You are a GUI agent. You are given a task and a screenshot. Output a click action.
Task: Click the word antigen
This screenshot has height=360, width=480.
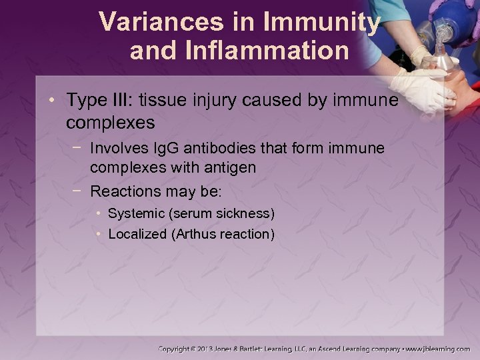(231, 167)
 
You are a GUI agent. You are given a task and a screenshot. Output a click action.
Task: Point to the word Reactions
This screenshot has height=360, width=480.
(124, 191)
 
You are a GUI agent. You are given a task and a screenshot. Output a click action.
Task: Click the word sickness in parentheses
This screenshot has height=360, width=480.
(247, 213)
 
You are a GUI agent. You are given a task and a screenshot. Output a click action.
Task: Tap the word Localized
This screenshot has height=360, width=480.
(137, 234)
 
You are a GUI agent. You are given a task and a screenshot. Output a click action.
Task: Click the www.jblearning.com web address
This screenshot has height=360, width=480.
(439, 349)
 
